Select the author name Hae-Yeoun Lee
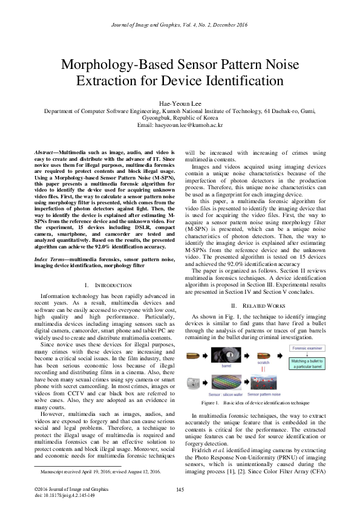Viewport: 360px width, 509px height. click(180, 103)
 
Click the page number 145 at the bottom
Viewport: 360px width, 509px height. click(180, 490)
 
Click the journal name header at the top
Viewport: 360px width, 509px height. click(180, 24)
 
